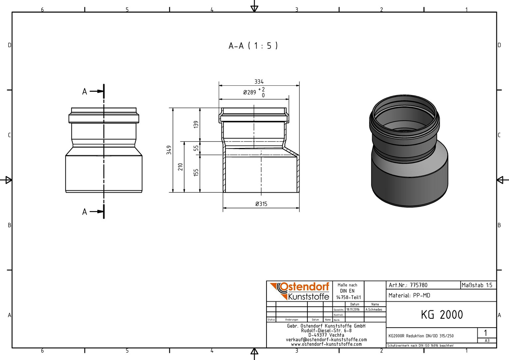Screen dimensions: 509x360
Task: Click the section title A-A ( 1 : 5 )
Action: pyautogui.click(x=253, y=46)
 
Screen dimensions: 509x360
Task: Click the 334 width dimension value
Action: pyautogui.click(x=259, y=82)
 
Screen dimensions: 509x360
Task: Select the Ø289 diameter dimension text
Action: pyautogui.click(x=250, y=92)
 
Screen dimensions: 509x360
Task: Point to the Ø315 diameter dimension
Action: pyautogui.click(x=261, y=204)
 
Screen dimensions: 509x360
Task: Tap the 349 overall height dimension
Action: pyautogui.click(x=169, y=150)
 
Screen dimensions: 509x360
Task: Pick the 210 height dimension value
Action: pyautogui.click(x=181, y=167)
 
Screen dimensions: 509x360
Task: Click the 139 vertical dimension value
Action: pyautogui.click(x=196, y=124)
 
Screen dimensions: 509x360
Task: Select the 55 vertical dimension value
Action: pyautogui.click(x=196, y=148)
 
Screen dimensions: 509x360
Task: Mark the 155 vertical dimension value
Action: pyautogui.click(x=196, y=172)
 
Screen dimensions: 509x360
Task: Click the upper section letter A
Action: pyautogui.click(x=85, y=92)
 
